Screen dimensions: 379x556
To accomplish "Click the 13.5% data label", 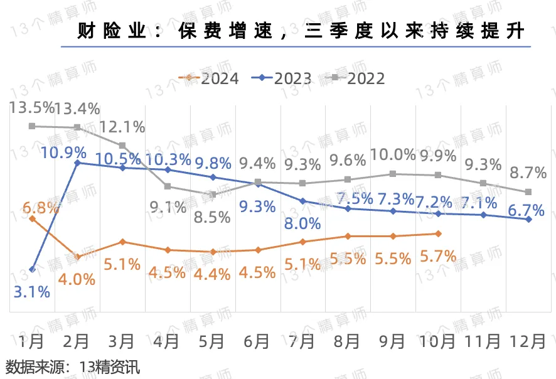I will point(28,108).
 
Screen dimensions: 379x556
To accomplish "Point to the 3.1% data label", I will point(32,291).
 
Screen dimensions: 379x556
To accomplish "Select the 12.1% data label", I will point(122,126).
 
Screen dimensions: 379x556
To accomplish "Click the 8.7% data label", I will point(525,172).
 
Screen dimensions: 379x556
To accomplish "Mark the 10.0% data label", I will point(393,154).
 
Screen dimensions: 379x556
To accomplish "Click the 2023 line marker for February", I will point(77,163).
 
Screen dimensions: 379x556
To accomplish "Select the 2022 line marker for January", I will point(32,126).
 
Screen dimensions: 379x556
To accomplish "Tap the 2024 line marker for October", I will point(437,233).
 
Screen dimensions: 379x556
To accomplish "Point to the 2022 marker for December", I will point(528,191).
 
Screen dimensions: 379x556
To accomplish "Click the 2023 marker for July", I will point(302,201).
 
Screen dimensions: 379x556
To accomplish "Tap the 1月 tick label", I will point(32,342).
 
